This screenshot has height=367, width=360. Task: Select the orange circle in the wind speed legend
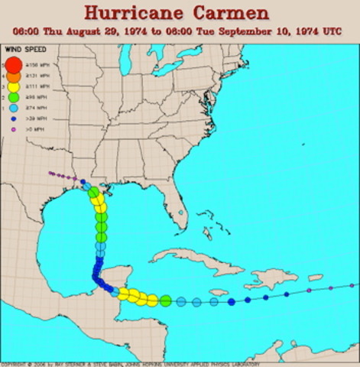point(13,77)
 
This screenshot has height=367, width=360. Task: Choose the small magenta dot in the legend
point(13,131)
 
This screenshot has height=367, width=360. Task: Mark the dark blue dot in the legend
point(13,120)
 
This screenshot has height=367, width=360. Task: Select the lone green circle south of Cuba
point(165,300)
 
